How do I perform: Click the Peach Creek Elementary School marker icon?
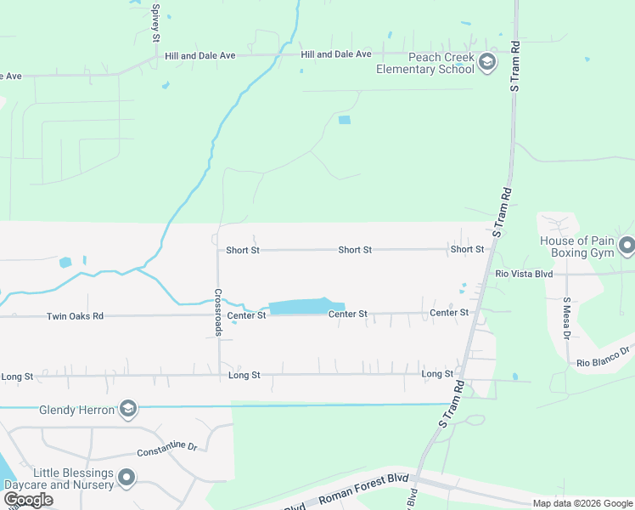pyautogui.click(x=487, y=62)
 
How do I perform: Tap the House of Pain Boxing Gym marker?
pyautogui.click(x=627, y=246)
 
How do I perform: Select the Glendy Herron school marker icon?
pyautogui.click(x=128, y=410)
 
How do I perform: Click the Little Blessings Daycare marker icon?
pyautogui.click(x=126, y=478)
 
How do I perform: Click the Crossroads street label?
pyautogui.click(x=218, y=314)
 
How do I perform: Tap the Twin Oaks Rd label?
pyautogui.click(x=75, y=316)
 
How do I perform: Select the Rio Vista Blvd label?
pyautogui.click(x=524, y=274)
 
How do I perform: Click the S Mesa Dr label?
pyautogui.click(x=566, y=317)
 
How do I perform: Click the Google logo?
pyautogui.click(x=28, y=500)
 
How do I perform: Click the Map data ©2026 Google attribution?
pyautogui.click(x=582, y=503)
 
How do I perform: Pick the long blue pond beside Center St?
pyautogui.click(x=306, y=307)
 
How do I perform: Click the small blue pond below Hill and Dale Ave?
pyautogui.click(x=344, y=120)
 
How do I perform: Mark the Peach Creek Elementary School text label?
pyautogui.click(x=427, y=63)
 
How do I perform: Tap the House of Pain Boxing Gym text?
pyautogui.click(x=576, y=247)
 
